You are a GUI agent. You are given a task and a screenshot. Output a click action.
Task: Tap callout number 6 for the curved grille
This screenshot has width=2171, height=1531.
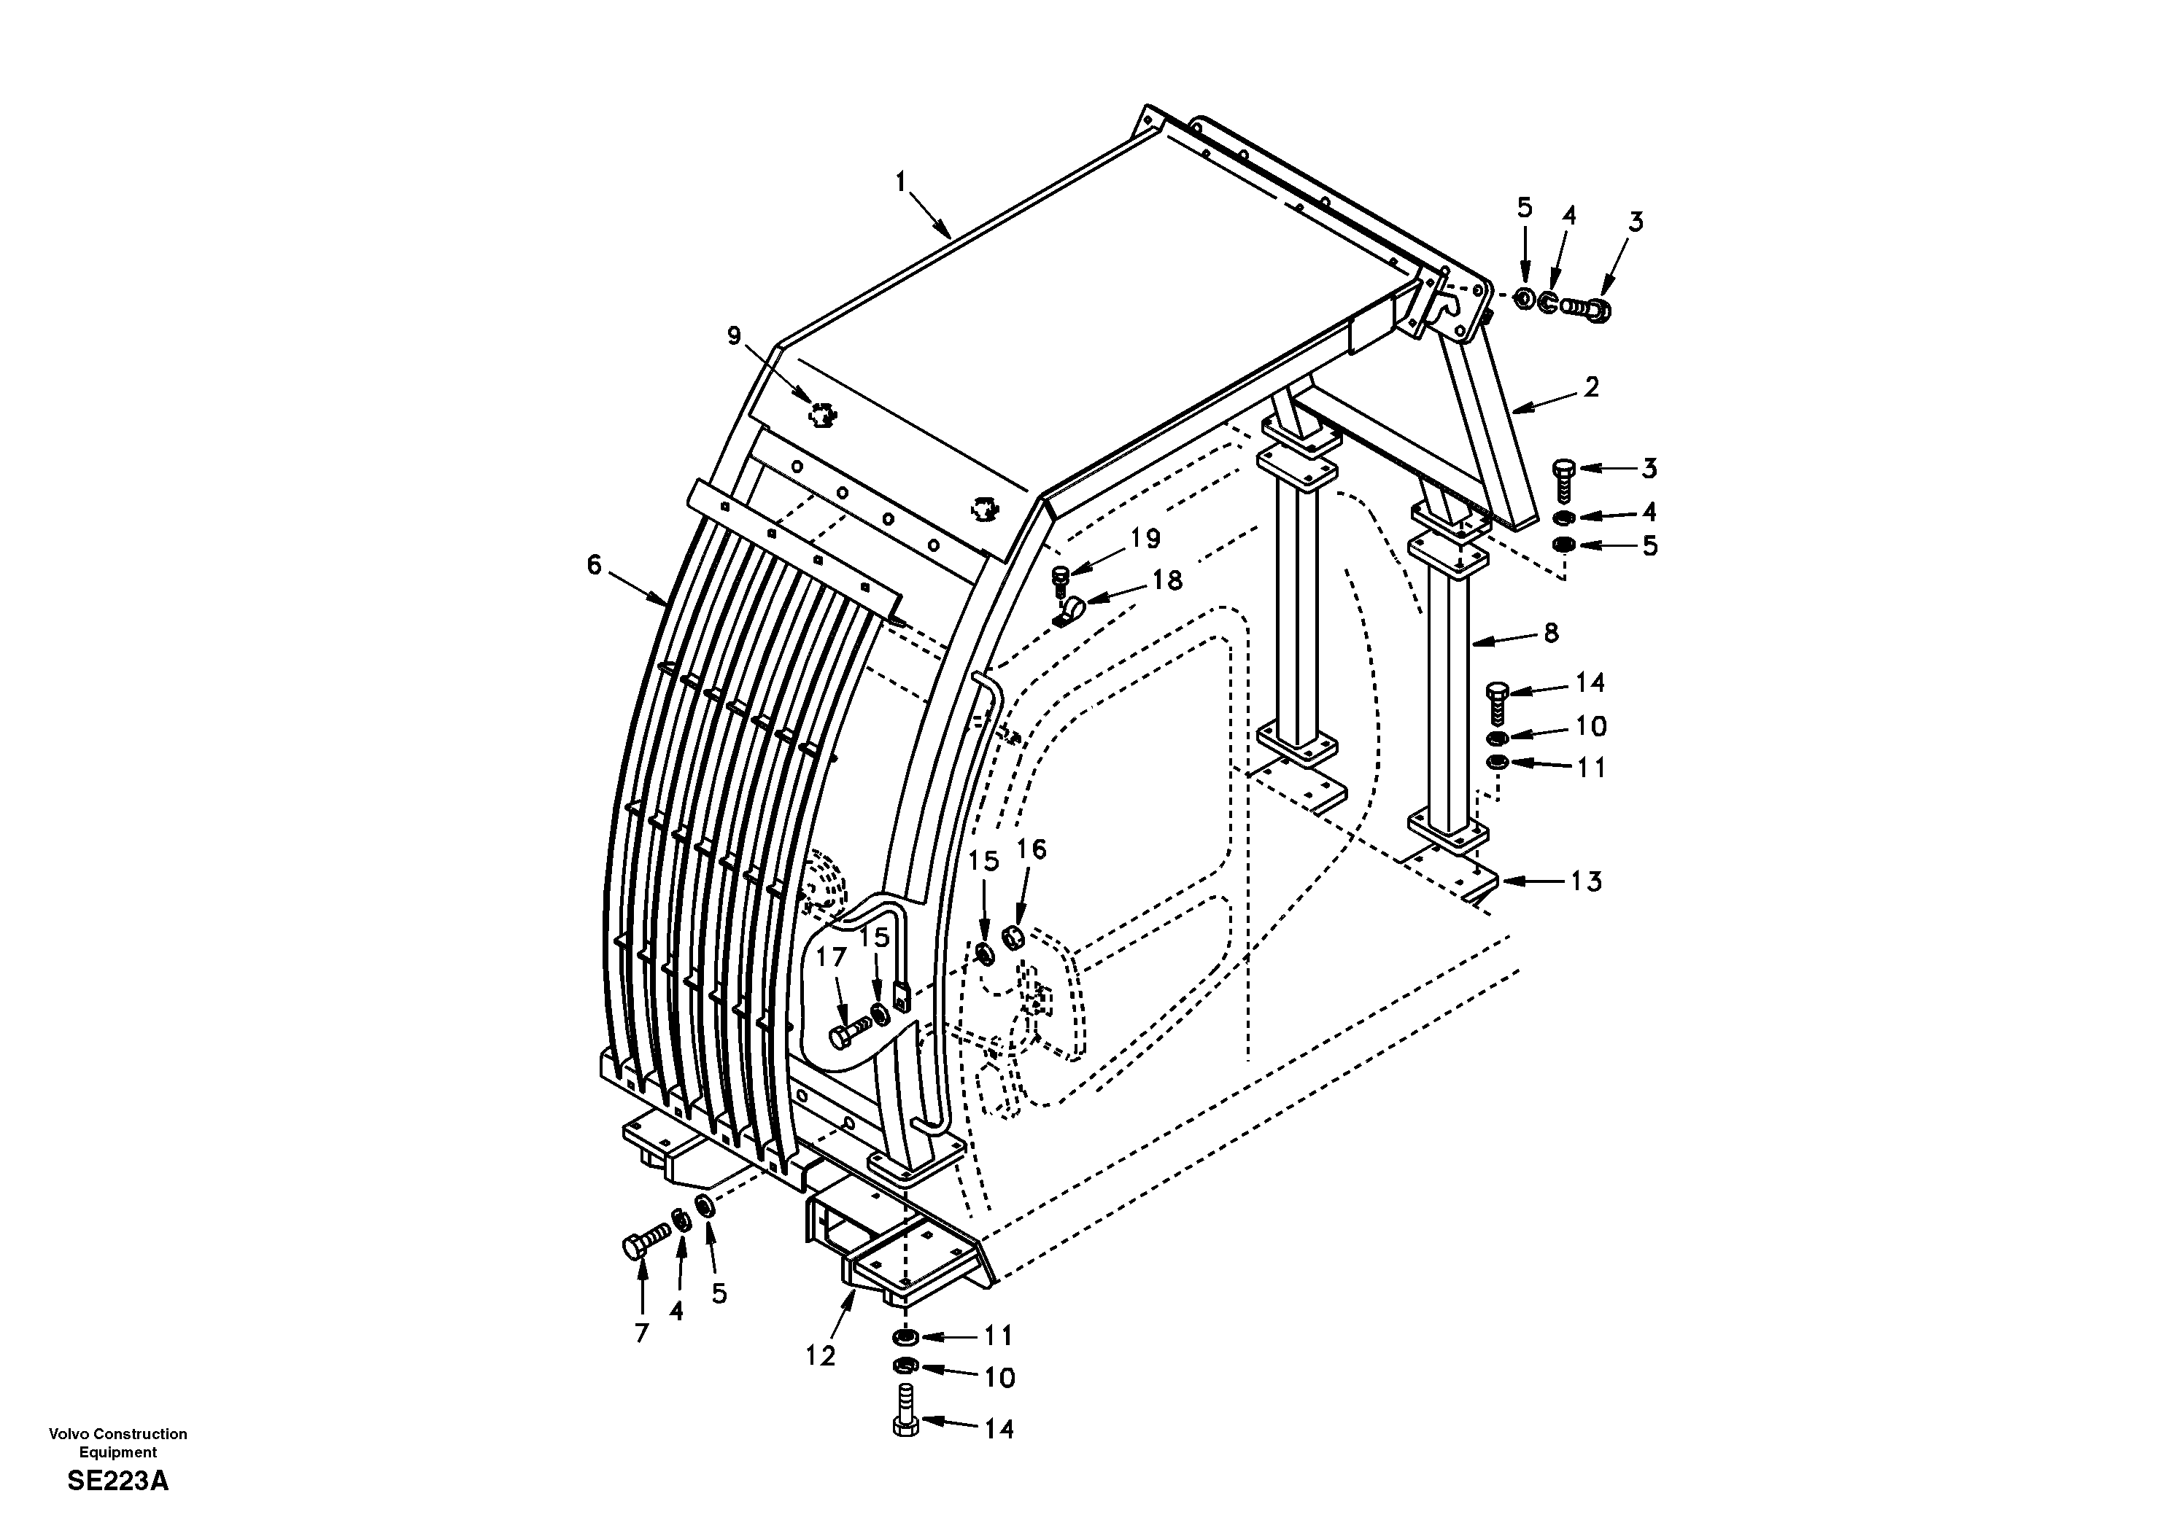click(x=594, y=565)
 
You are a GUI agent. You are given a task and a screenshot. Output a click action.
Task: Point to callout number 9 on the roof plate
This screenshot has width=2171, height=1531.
click(x=735, y=335)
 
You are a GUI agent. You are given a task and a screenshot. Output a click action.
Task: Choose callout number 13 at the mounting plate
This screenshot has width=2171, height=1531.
click(x=1586, y=881)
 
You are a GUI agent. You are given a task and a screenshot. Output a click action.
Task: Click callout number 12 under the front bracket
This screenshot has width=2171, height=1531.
click(x=820, y=1355)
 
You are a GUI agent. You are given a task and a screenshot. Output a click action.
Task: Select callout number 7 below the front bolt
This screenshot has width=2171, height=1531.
click(x=642, y=1333)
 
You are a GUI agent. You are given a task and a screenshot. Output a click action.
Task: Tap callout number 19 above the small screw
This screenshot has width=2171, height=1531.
click(x=1145, y=539)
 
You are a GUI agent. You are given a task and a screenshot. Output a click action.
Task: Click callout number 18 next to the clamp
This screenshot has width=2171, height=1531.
click(x=1168, y=580)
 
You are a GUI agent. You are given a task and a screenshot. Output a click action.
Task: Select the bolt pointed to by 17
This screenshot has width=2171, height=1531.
click(x=846, y=1033)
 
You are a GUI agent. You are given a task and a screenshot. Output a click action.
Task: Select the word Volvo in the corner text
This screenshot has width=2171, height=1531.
click(x=67, y=1433)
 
